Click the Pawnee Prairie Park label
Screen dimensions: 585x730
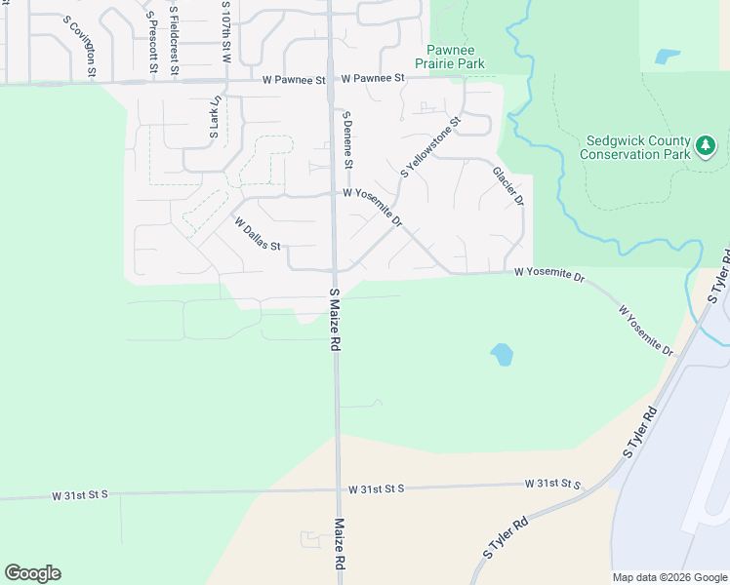[x=455, y=56]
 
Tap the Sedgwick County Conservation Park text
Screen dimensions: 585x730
[x=636, y=147]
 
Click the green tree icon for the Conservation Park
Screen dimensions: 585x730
[x=706, y=146]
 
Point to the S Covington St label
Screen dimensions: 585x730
[x=80, y=46]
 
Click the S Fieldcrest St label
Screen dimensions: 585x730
[x=174, y=39]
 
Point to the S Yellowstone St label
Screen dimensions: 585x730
[x=429, y=147]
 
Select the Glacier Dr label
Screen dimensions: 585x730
[x=507, y=185]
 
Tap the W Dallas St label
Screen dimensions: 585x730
[x=258, y=233]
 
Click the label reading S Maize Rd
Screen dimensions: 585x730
[x=334, y=319]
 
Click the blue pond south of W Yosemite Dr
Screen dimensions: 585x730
[x=502, y=354]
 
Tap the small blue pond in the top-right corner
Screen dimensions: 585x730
[x=668, y=57]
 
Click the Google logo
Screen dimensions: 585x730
[x=32, y=573]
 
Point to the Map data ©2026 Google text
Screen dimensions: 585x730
[x=669, y=577]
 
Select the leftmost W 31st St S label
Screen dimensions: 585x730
[x=80, y=495]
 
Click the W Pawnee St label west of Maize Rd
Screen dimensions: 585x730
[x=293, y=80]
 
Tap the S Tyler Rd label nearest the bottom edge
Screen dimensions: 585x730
[x=506, y=538]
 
